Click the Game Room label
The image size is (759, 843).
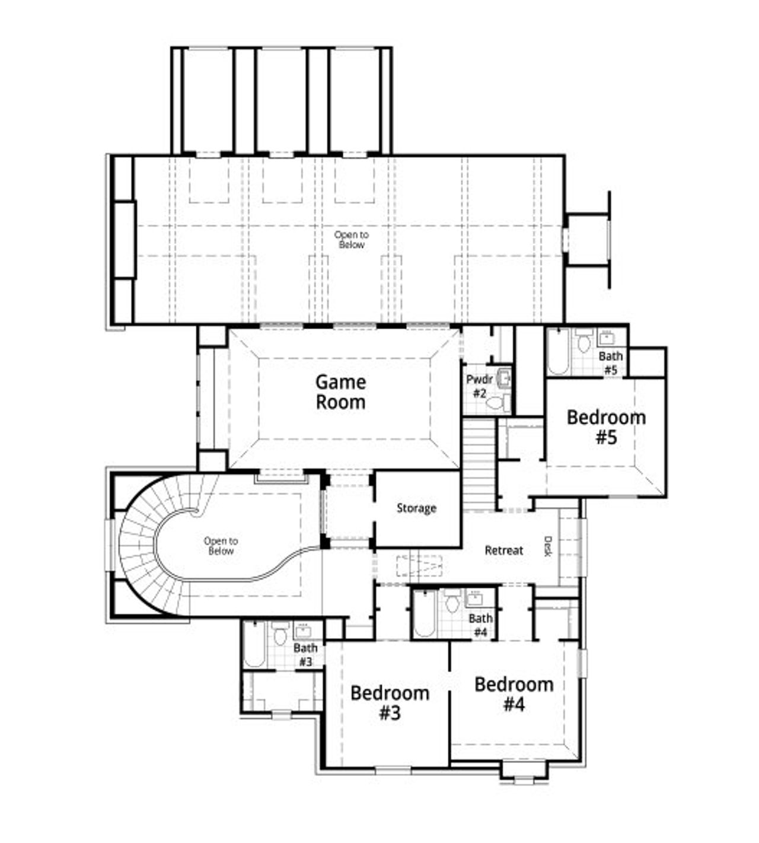pos(340,392)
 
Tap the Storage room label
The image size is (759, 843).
pos(416,508)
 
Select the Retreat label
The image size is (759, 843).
pos(504,551)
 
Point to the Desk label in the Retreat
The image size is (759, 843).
pos(548,546)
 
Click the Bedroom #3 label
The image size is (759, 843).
pos(390,702)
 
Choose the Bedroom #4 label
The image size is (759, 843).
pos(514,694)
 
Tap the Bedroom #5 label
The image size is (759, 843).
pos(606,427)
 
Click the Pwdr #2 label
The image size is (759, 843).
pos(479,386)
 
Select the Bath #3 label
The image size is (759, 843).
pos(305,654)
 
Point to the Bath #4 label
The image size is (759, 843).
pos(480,625)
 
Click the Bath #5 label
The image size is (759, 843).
pos(611,362)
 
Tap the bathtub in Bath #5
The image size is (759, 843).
pos(558,351)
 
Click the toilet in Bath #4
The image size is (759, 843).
pos(452,602)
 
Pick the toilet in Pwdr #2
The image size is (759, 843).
pos(495,404)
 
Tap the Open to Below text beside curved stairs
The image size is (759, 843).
pos(221,546)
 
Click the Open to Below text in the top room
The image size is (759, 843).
pos(351,240)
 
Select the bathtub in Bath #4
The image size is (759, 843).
pos(424,614)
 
